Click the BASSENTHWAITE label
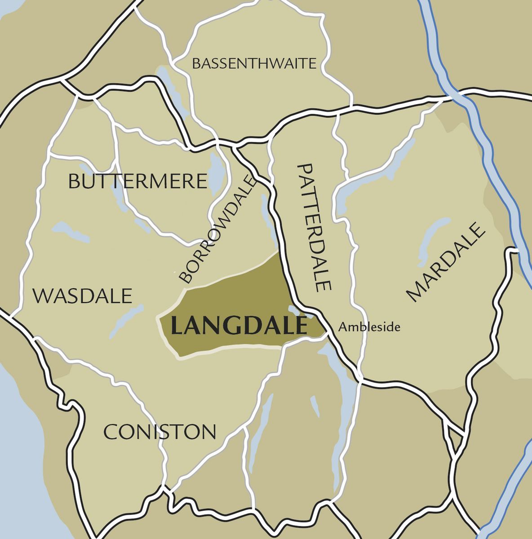coord(254,64)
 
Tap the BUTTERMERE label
coord(137,182)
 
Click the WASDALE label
coord(83,296)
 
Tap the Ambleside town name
coord(369,327)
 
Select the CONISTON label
coord(160,433)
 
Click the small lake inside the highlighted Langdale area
coord(294,309)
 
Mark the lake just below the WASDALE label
coord(126,322)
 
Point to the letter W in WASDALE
coord(43,296)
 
